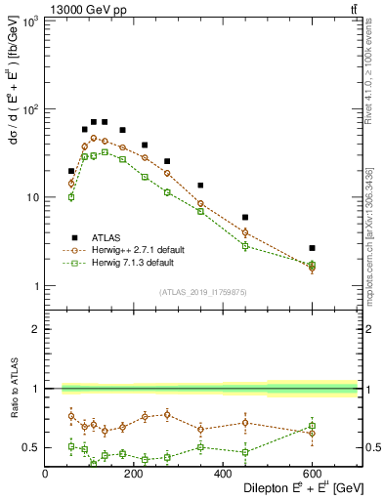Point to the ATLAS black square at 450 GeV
pyautogui.click(x=245, y=218)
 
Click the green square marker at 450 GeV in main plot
pyautogui.click(x=245, y=246)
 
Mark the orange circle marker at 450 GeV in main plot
pyautogui.click(x=245, y=232)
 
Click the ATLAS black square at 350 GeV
pyautogui.click(x=200, y=186)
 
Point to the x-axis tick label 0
pyautogui.click(x=45, y=474)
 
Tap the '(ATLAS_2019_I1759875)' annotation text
pyautogui.click(x=201, y=292)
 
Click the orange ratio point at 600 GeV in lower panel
pyautogui.click(x=312, y=433)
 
